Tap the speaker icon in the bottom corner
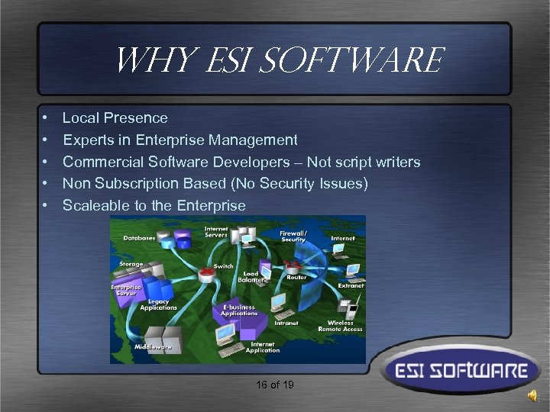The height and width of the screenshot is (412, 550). [532, 395]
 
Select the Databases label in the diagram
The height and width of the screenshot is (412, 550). [140, 238]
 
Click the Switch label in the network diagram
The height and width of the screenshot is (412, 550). [224, 266]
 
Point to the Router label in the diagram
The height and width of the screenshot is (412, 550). [296, 278]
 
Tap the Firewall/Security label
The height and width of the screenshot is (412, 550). [293, 235]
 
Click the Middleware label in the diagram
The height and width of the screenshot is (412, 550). [154, 346]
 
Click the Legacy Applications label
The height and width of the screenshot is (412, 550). [158, 304]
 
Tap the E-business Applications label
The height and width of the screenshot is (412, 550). [239, 310]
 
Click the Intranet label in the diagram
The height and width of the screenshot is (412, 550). [286, 323]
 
